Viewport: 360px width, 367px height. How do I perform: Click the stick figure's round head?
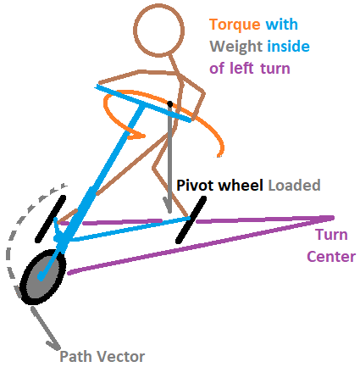coord(159,30)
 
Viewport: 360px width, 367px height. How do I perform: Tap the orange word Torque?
coord(235,25)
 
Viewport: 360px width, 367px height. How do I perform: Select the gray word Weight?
coord(236,47)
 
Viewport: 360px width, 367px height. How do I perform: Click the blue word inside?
coord(288,46)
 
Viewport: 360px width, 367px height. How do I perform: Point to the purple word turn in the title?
coord(275,69)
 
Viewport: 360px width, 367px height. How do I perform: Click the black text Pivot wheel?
coord(220,186)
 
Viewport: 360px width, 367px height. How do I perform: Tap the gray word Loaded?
coord(294,186)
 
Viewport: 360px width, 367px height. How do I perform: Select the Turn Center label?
coord(331,246)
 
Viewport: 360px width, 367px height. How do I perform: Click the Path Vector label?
coord(102,357)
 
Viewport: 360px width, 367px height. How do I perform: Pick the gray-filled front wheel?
coord(43,277)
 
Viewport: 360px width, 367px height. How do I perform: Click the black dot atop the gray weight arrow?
coord(169,103)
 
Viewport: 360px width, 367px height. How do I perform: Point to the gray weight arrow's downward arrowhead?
coord(169,206)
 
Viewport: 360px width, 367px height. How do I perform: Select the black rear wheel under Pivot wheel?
coord(191,220)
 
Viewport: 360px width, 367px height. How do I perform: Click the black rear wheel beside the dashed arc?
coord(50,219)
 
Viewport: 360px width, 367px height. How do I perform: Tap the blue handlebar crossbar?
coord(143,103)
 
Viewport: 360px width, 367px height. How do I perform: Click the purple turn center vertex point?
coord(333,218)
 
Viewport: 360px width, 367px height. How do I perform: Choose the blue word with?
coord(282,25)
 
